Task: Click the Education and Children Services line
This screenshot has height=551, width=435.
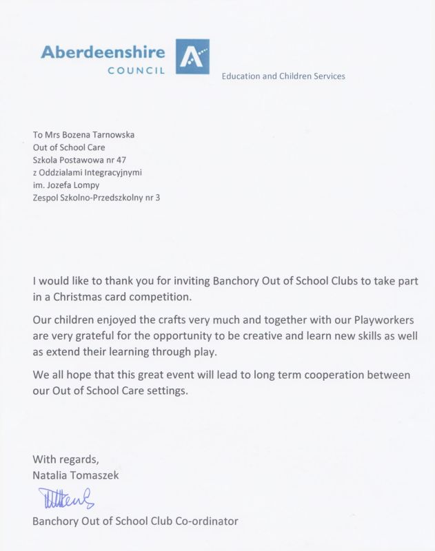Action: click(283, 76)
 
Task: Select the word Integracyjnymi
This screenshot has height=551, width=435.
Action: click(110, 171)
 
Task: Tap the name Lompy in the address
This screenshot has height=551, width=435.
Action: click(88, 185)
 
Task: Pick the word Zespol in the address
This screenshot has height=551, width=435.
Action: click(45, 198)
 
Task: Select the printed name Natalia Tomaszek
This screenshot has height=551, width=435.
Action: click(76, 474)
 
